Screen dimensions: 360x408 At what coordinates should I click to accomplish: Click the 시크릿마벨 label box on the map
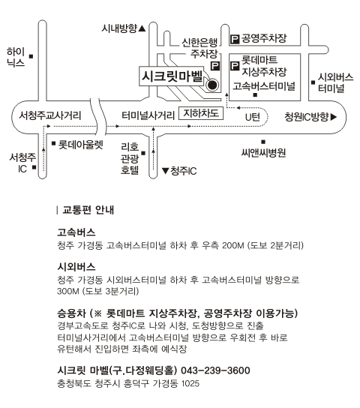(x=172, y=76)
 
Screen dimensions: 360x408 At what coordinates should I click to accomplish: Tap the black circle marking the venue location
(x=212, y=85)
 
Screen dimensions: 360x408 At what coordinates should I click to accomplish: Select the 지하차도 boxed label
(x=201, y=113)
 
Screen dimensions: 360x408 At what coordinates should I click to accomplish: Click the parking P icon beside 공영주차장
(x=235, y=39)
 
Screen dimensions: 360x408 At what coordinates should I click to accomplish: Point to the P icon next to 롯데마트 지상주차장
(x=235, y=65)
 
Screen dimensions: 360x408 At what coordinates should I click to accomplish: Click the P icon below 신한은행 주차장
(x=215, y=66)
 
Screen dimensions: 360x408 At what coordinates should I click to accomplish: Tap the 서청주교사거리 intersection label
(x=50, y=115)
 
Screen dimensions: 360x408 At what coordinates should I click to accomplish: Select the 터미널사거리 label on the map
(x=148, y=115)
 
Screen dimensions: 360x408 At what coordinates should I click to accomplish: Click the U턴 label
(x=253, y=117)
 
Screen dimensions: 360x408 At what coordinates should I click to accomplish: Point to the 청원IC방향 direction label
(x=310, y=117)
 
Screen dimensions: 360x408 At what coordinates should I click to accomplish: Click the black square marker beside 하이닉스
(x=31, y=56)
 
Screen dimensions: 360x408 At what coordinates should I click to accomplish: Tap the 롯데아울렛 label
(x=81, y=145)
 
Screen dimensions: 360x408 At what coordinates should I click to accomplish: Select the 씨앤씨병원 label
(x=263, y=153)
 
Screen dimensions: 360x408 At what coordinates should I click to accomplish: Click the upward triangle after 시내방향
(x=142, y=28)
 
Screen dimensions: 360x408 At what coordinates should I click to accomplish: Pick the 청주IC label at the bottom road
(x=184, y=171)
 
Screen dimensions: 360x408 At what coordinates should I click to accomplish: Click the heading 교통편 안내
(x=88, y=210)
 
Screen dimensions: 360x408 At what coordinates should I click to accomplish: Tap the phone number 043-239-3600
(x=215, y=370)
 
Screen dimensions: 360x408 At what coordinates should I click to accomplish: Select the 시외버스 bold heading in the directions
(x=76, y=267)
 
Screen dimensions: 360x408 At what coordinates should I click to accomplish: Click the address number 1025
(x=190, y=383)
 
